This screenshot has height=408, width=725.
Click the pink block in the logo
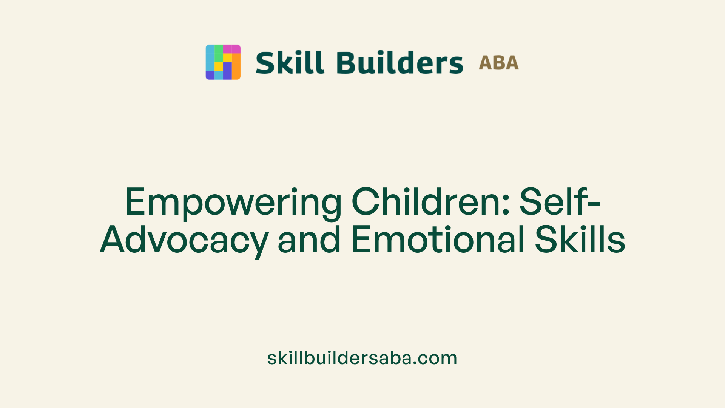coord(231,49)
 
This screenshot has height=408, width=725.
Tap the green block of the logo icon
coord(219,53)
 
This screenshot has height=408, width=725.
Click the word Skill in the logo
coord(290,62)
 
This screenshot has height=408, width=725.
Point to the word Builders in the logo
coord(400,62)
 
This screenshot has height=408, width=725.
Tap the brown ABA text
coord(498,63)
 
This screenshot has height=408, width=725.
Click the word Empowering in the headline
coord(233,202)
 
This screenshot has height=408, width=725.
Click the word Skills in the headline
coord(580,240)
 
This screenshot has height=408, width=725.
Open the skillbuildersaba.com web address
coord(362,358)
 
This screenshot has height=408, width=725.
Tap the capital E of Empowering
coord(135,202)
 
